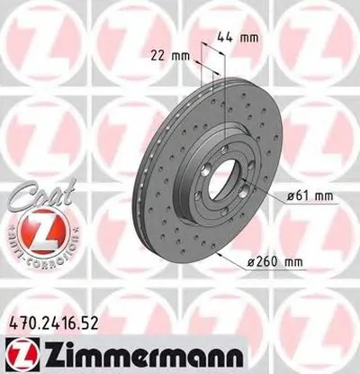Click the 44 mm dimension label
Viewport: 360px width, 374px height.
240,38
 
